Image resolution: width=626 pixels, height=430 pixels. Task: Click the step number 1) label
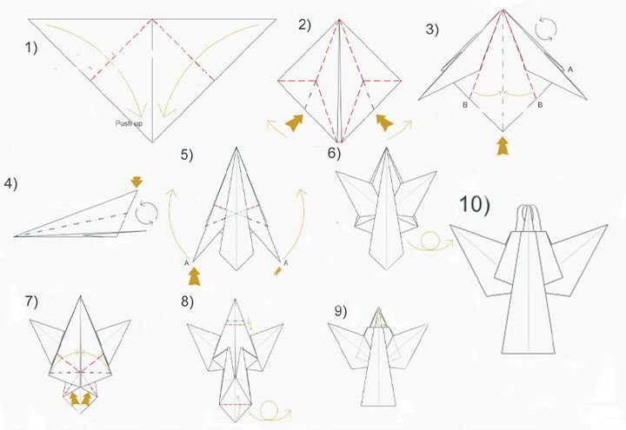pyautogui.click(x=31, y=48)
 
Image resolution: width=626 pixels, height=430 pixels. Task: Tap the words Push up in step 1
pyautogui.click(x=129, y=123)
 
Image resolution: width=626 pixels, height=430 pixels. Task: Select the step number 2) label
pyautogui.click(x=304, y=25)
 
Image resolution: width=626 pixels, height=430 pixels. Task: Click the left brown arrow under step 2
pyautogui.click(x=294, y=122)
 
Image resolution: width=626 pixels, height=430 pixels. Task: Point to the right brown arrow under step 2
pyautogui.click(x=385, y=122)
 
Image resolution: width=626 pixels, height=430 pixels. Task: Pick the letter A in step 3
pyautogui.click(x=570, y=69)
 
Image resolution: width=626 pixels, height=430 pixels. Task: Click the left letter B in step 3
pyautogui.click(x=465, y=105)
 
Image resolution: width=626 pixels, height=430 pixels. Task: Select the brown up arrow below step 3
pyautogui.click(x=503, y=146)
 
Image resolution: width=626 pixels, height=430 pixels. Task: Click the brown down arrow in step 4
pyautogui.click(x=137, y=182)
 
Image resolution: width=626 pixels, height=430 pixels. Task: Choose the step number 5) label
pyautogui.click(x=186, y=155)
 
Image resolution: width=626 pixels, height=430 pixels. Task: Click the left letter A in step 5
pyautogui.click(x=186, y=263)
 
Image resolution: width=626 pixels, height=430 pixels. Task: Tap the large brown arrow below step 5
pyautogui.click(x=195, y=276)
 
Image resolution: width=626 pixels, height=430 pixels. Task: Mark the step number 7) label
pyautogui.click(x=31, y=301)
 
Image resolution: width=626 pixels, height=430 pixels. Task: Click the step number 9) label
pyautogui.click(x=341, y=312)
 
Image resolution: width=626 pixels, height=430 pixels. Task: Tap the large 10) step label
pyautogui.click(x=475, y=204)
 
